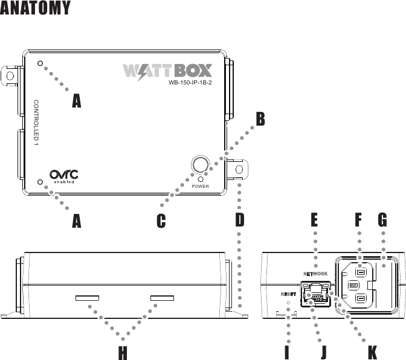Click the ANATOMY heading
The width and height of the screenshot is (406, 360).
(36, 8)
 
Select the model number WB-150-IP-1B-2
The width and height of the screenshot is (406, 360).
(193, 83)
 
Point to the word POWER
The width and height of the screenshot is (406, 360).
(200, 186)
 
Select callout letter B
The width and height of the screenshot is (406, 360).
(259, 119)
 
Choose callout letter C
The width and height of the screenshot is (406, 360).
(161, 222)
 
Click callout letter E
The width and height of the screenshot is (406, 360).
(314, 221)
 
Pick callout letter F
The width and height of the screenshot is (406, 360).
(358, 221)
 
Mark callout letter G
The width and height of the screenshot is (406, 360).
(382, 221)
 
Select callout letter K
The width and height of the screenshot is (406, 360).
(373, 353)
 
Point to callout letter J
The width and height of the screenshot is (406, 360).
(323, 353)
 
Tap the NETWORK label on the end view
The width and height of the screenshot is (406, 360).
(316, 274)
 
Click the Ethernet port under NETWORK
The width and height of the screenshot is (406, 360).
(315, 294)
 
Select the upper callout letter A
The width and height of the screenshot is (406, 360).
(76, 101)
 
